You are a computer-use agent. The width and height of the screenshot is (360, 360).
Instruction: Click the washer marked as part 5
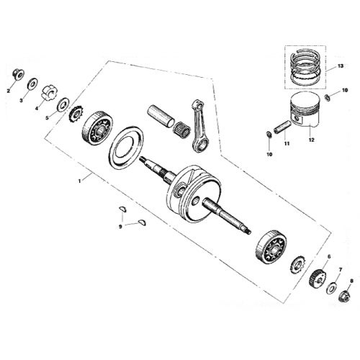62,103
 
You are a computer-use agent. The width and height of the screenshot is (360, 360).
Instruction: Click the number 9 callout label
120,226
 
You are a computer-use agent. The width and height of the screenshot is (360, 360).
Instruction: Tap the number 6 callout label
328,257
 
